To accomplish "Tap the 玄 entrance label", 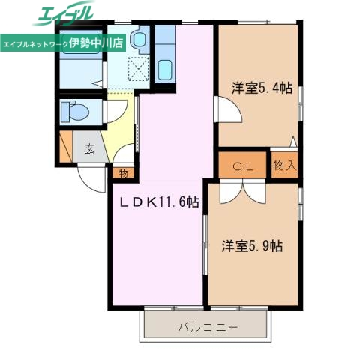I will (89, 148).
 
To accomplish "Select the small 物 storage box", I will (123, 172).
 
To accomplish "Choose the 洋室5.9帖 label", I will (252, 245).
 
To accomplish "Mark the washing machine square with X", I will (139, 69).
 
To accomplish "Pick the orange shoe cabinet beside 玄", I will (66, 147).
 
